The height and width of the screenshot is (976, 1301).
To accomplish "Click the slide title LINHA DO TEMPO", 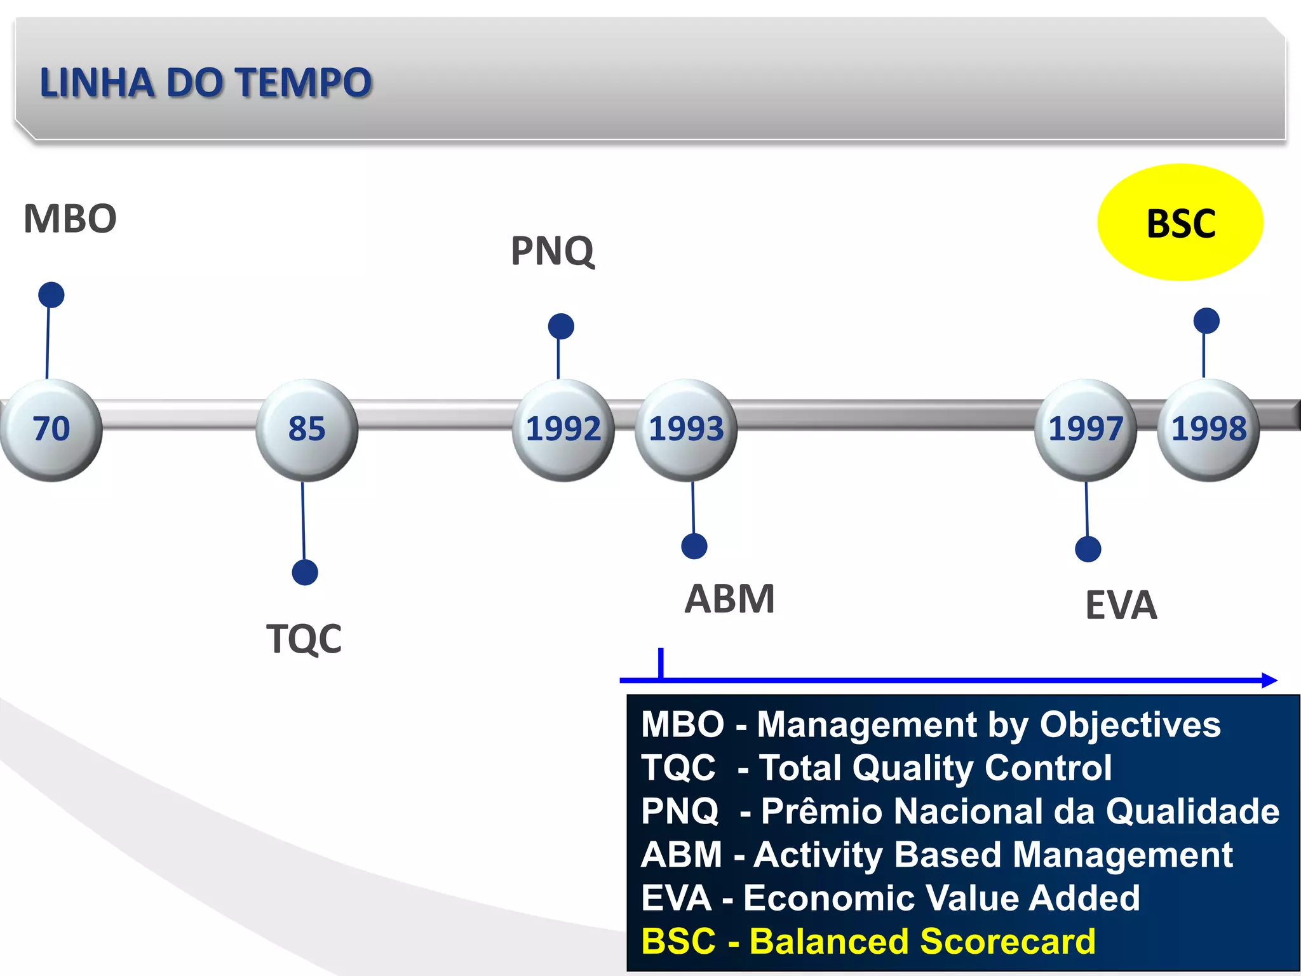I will [x=205, y=83].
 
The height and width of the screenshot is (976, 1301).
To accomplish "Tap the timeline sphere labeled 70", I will [x=51, y=430].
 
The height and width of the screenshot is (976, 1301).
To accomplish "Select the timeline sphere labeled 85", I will [x=307, y=430].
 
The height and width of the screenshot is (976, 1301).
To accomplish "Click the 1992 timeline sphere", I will [x=563, y=430].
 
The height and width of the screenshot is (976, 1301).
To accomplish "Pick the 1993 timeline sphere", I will [x=686, y=430].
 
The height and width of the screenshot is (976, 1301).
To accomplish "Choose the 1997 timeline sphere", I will [x=1086, y=430].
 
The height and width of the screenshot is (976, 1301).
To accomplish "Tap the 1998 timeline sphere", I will [x=1208, y=430].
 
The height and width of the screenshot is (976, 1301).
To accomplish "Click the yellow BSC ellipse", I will [x=1180, y=222].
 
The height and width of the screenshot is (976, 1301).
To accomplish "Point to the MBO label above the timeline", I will [x=70, y=219].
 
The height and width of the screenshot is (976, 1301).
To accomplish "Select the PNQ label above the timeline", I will [x=553, y=251].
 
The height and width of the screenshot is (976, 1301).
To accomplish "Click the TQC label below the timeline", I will [x=304, y=639].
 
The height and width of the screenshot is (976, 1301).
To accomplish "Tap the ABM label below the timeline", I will [x=729, y=599].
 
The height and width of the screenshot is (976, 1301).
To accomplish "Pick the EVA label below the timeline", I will [x=1121, y=605].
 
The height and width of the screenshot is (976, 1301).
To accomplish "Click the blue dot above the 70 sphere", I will [x=51, y=295].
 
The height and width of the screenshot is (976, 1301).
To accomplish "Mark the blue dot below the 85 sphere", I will [x=305, y=573].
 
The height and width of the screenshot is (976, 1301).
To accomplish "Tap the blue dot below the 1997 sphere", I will [x=1088, y=549].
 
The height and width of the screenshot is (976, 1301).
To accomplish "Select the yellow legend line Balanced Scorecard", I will [x=868, y=941].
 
